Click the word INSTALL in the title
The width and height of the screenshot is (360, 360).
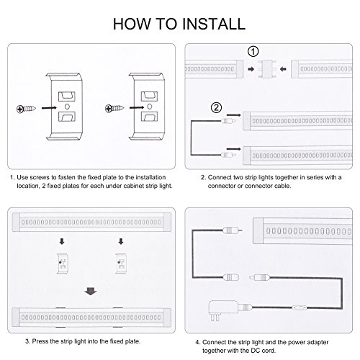point(213,24)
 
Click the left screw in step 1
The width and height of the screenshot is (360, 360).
point(26,109)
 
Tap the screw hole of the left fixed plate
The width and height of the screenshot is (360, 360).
point(67,106)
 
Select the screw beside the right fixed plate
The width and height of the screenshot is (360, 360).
point(114,108)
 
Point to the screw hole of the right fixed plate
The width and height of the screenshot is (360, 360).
point(149,106)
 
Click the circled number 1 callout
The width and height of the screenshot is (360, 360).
point(253,52)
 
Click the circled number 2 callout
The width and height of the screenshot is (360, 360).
point(216,108)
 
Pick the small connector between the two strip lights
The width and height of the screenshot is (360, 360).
point(267,69)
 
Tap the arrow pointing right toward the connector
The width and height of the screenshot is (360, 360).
point(251,69)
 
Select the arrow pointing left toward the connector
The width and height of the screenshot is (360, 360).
point(283,69)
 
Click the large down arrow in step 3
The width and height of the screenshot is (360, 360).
point(91,291)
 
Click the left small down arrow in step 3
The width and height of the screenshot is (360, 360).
point(62,241)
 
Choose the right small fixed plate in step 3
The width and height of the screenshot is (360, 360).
point(120,264)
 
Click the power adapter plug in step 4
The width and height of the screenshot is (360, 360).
point(223,310)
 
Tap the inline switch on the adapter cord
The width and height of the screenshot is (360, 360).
point(300,307)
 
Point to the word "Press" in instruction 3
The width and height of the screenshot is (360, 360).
point(40,341)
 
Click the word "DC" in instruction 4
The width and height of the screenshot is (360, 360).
point(256,351)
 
